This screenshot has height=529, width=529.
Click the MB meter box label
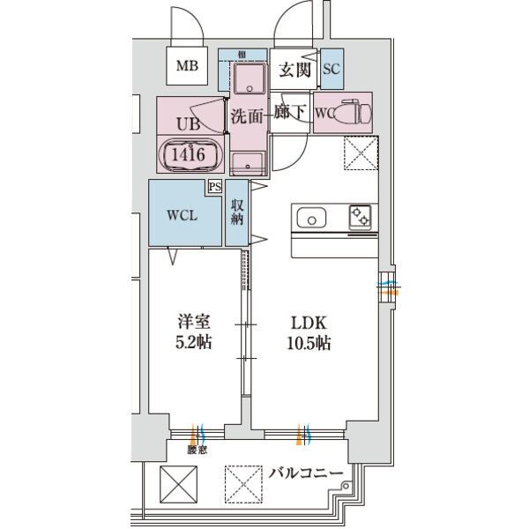187,65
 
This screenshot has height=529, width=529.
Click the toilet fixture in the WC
357,113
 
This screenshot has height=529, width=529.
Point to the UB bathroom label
186,125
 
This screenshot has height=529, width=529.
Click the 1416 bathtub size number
189,155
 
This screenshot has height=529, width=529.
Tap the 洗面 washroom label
246,114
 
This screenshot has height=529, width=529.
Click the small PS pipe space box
214,186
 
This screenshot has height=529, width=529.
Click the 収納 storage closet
237,212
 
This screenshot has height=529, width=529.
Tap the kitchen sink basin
312,217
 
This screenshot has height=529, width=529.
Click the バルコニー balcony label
305,474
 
